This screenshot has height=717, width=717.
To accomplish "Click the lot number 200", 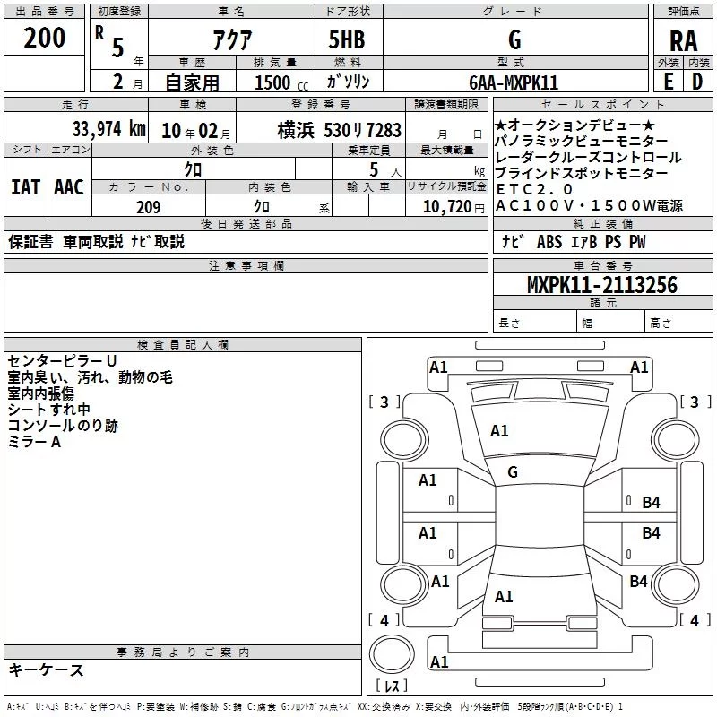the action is (44, 38).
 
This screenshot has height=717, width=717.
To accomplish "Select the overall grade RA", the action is (683, 41).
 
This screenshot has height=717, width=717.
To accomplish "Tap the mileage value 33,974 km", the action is (109, 129).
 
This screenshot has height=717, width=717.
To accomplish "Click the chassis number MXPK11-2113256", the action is (602, 285).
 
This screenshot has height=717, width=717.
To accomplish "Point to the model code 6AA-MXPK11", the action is (514, 82).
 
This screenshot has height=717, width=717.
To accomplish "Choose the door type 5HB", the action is (347, 39).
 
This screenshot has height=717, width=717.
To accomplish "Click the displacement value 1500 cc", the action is (281, 82).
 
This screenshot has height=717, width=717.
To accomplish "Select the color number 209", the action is (149, 207).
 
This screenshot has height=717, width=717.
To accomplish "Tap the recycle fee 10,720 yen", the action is (454, 207).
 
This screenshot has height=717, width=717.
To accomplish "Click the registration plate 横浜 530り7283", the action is (340, 130).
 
